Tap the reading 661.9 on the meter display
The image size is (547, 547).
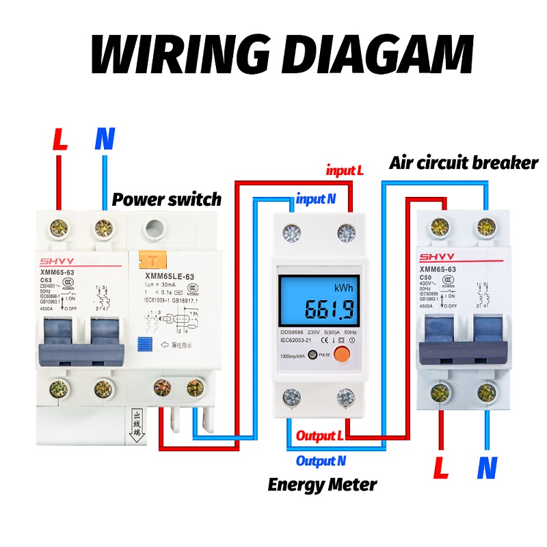pos(329,310)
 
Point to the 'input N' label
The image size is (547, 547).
pos(316,200)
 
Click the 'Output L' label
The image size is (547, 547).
pos(319,436)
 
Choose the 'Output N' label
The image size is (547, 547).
pos(321,461)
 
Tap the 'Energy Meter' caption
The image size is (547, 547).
pos(322,485)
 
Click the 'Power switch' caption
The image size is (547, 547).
pos(167,200)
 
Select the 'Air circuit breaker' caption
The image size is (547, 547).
pos(464,163)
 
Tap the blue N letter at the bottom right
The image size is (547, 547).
pos(486,468)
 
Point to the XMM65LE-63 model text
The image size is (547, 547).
pos(170,276)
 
